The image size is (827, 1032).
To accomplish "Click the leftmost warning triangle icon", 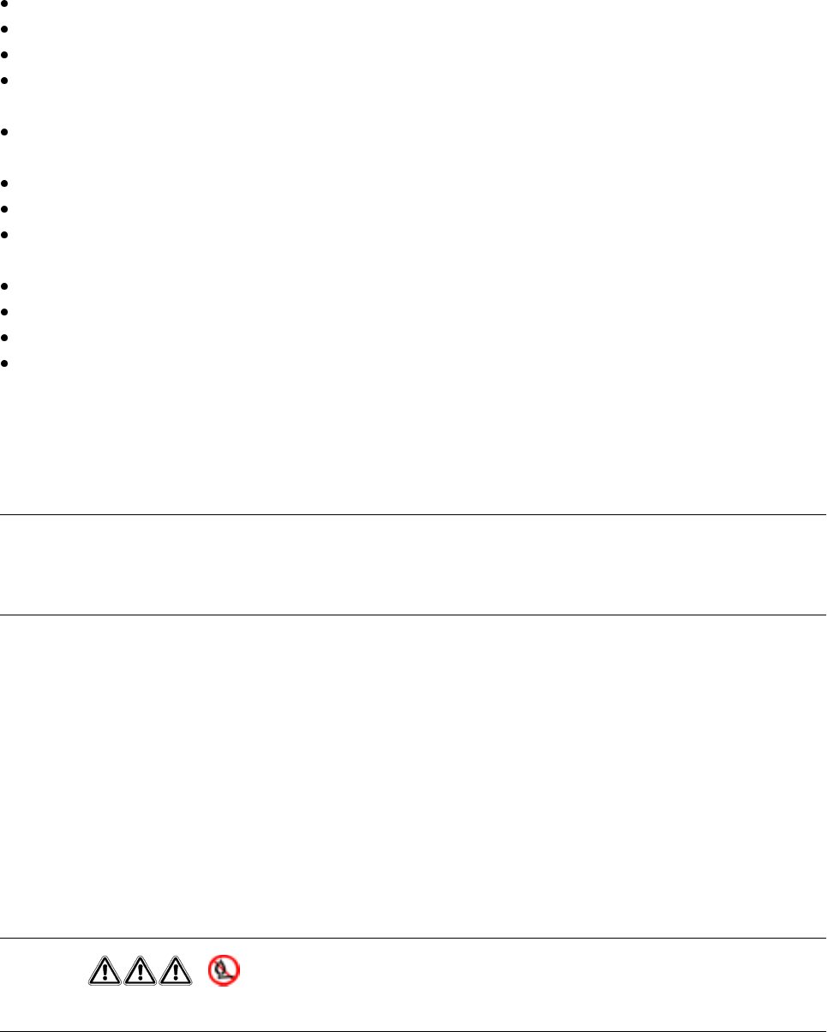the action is pyautogui.click(x=104, y=969).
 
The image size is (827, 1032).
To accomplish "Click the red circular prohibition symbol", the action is pyautogui.click(x=225, y=969).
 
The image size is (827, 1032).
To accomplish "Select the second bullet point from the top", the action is pyautogui.click(x=5, y=29).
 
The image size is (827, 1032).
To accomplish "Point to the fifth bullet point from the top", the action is pyautogui.click(x=5, y=133).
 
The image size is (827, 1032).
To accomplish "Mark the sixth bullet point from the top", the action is pyautogui.click(x=5, y=183).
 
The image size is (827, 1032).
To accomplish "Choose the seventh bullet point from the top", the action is pyautogui.click(x=5, y=209).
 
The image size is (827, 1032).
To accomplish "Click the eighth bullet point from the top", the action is pyautogui.click(x=5, y=234).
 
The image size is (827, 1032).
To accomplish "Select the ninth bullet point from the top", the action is pyautogui.click(x=5, y=286).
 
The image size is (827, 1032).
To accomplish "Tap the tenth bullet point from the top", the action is pyautogui.click(x=5, y=312).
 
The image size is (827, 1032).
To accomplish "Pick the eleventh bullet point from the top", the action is pyautogui.click(x=5, y=338).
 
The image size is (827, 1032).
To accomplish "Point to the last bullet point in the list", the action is pyautogui.click(x=5, y=363).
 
